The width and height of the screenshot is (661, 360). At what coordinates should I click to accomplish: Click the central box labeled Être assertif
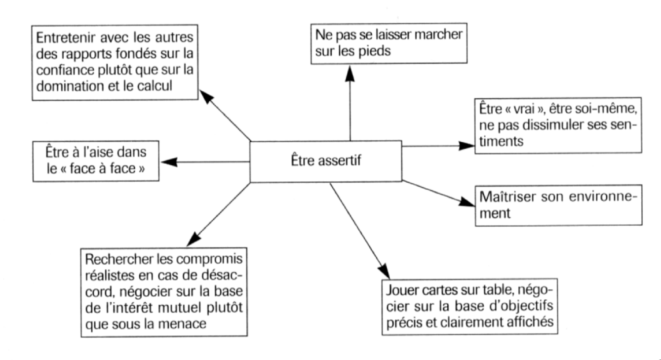(326, 161)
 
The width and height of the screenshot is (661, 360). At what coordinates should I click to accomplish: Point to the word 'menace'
(182, 324)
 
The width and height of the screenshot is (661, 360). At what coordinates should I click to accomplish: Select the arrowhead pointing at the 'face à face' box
(169, 162)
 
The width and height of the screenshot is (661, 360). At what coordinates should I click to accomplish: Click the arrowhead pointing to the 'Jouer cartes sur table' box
(384, 271)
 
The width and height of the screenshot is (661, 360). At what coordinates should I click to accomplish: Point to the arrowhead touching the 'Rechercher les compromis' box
(194, 240)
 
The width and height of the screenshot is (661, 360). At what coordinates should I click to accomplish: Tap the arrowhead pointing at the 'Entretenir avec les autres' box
(206, 96)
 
